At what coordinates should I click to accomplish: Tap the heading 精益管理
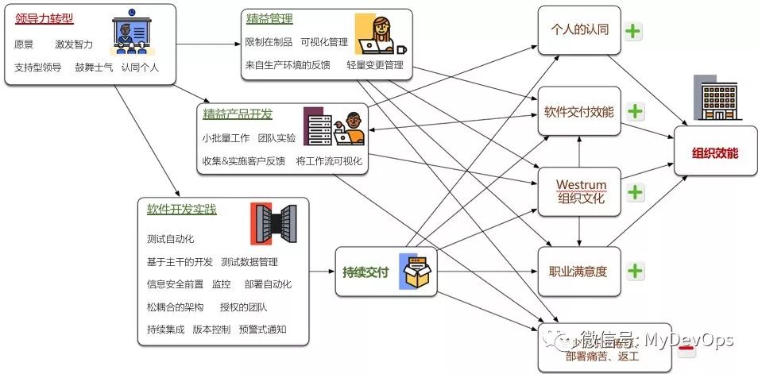[269, 18]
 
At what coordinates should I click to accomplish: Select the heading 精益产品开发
[238, 112]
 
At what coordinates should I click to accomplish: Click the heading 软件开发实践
[181, 210]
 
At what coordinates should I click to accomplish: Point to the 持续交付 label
[365, 272]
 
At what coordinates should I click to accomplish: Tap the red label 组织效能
[714, 153]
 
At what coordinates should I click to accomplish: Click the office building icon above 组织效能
[713, 98]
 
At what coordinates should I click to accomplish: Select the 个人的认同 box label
[579, 30]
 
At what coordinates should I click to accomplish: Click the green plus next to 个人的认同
[633, 32]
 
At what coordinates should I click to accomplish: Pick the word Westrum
[580, 185]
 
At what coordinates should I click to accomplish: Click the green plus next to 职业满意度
[634, 271]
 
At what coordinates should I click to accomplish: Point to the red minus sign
[687, 348]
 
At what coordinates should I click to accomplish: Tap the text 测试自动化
[170, 239]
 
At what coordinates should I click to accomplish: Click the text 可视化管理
[324, 42]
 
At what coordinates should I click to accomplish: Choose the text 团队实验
[277, 138]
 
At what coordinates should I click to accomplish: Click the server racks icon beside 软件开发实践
[273, 224]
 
